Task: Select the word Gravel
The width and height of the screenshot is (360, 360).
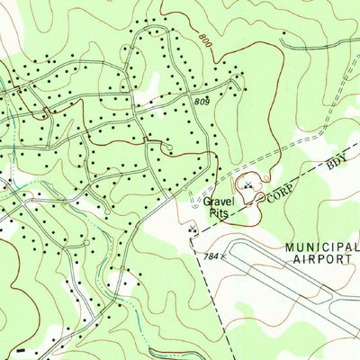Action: tap(218, 202)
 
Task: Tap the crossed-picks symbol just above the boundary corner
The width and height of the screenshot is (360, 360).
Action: tap(190, 230)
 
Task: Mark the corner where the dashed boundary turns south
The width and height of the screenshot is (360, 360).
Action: tap(194, 236)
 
